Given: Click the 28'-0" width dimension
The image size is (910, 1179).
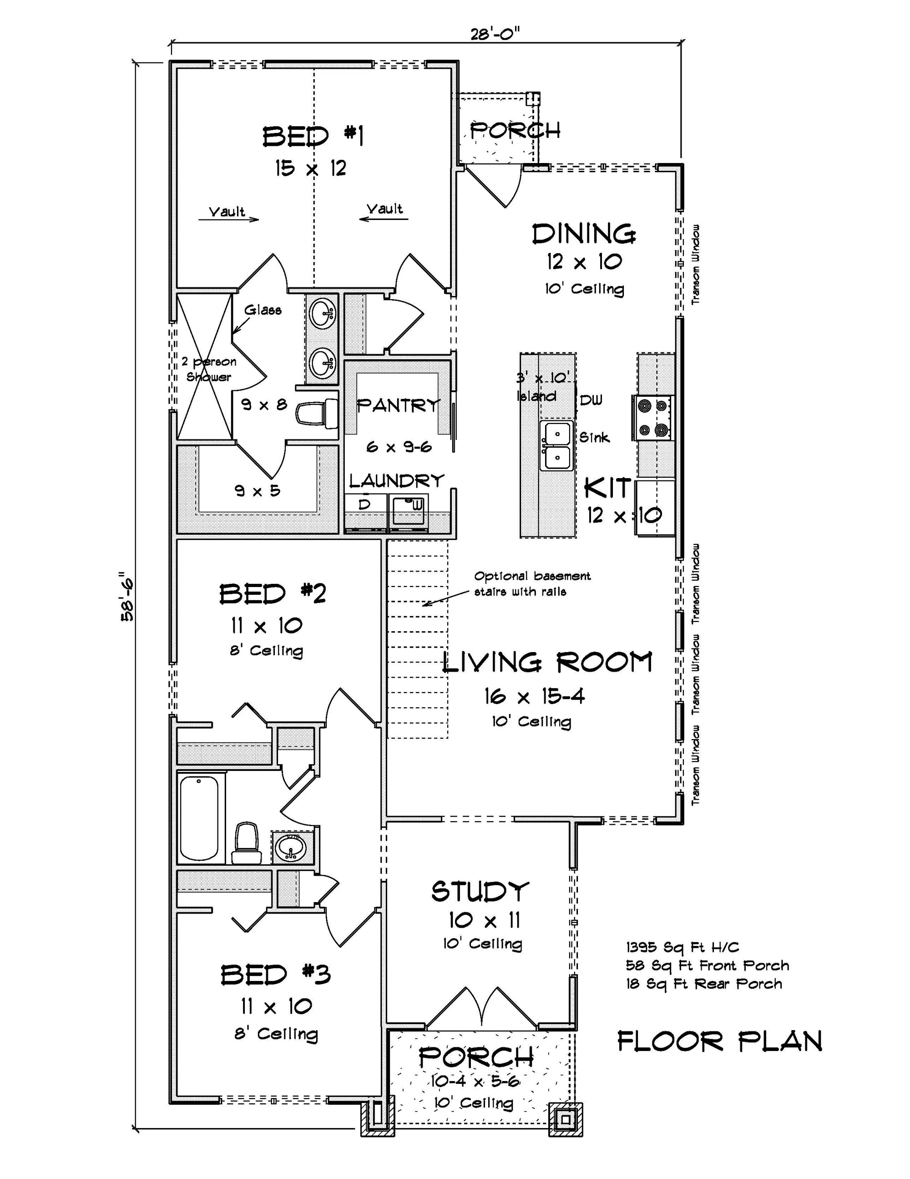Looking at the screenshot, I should point(495,35).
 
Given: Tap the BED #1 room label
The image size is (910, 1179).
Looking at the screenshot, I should point(313,136).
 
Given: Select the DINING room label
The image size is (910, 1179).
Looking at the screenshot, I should point(584,234).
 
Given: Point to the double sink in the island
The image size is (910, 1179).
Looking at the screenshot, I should point(556,446).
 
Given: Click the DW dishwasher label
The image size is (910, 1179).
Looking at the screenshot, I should point(591,400).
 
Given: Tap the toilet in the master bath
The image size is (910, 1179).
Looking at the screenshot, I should point(317,414).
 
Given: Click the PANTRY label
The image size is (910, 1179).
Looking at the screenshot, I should point(398,405).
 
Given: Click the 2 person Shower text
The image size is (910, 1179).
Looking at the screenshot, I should point(209,369).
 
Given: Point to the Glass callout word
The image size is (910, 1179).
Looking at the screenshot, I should point(263,310).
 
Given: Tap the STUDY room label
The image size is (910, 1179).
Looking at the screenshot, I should point(480,891).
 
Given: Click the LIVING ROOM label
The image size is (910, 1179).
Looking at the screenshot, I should point(546,663).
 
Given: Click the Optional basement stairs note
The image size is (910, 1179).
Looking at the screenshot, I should point(532,583).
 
